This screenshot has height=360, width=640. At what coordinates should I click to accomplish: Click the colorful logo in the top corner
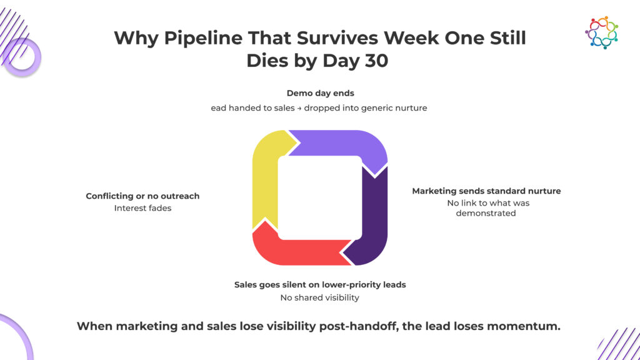[602, 32]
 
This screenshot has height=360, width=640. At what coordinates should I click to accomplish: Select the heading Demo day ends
[321, 93]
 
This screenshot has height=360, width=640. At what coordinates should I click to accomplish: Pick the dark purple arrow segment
[370, 216]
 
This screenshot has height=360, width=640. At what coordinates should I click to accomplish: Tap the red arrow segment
[298, 247]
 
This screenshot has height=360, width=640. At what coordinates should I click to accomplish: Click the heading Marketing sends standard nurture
[486, 191]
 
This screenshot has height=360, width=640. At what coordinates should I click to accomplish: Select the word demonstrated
[486, 213]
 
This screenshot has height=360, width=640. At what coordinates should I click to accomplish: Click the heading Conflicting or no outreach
[142, 196]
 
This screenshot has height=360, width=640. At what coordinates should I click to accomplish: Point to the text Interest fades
[143, 208]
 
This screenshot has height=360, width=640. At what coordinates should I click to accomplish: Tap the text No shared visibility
[319, 297]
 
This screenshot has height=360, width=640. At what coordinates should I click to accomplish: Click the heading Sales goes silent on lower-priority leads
[320, 285]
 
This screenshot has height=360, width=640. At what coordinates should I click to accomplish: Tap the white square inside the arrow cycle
[320, 197]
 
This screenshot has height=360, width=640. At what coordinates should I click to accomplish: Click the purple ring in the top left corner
[22, 57]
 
